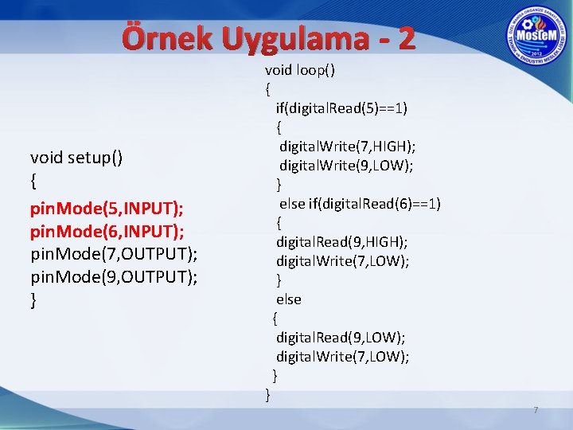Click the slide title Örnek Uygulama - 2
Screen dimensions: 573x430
click(x=269, y=38)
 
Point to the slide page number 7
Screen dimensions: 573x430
click(x=536, y=410)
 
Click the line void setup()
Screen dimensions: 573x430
click(x=76, y=157)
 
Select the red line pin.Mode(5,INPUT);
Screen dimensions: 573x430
click(x=107, y=208)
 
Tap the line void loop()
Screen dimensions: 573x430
click(x=299, y=70)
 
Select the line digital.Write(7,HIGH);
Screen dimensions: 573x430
click(x=347, y=147)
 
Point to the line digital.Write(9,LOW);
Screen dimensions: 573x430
click(x=345, y=166)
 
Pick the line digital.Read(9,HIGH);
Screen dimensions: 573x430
click(x=342, y=242)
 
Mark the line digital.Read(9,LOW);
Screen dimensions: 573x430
click(x=340, y=338)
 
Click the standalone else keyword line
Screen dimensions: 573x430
click(x=288, y=299)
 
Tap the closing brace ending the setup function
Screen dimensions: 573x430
click(x=33, y=300)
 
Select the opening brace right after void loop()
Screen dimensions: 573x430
click(x=268, y=89)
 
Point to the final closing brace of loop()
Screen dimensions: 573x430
click(x=268, y=394)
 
